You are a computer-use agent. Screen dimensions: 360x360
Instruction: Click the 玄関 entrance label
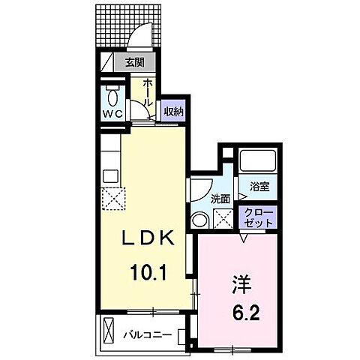point(136,63)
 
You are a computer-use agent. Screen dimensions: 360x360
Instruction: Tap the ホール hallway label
point(148,91)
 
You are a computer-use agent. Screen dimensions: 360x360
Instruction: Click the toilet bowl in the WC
point(113,97)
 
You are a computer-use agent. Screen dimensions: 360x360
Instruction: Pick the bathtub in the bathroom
point(258,160)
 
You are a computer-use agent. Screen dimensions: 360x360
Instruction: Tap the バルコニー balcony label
point(148,333)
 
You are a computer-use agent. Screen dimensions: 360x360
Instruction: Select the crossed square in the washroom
point(223,220)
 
